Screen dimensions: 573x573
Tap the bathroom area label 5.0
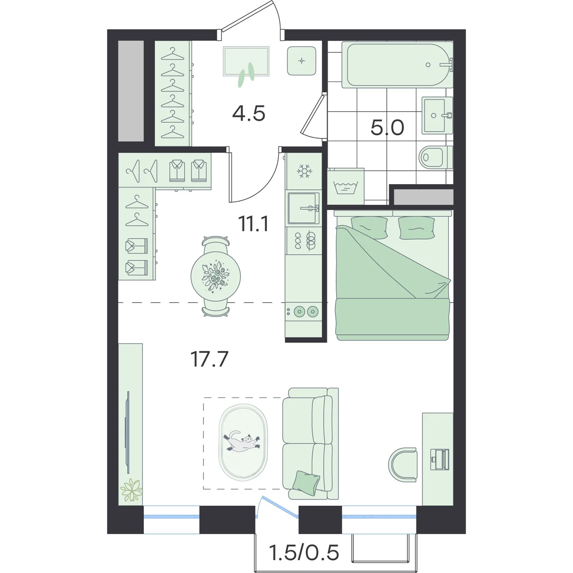[387, 128]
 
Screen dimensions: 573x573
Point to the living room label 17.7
[209, 359]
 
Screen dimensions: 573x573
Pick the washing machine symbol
[346, 187]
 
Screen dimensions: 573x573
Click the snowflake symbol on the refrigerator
[304, 171]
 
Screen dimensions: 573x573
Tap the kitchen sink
[304, 208]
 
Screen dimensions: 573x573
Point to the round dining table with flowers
[215, 276]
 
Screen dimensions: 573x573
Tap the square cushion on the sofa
[306, 484]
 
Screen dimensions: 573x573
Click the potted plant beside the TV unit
[131, 490]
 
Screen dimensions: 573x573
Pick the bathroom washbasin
[437, 115]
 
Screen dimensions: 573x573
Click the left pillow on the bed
[369, 227]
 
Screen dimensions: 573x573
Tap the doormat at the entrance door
[246, 61]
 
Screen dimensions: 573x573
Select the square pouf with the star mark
[301, 61]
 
